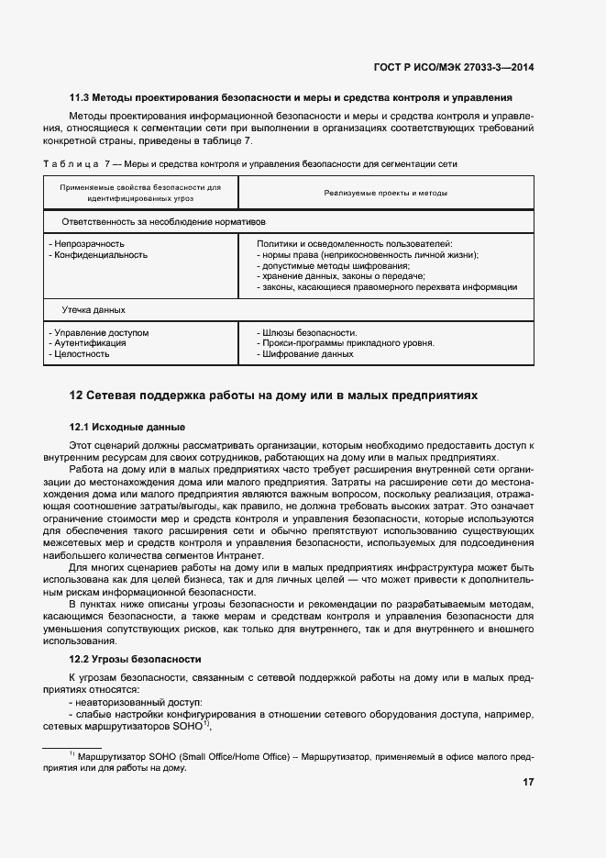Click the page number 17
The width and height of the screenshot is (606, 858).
tap(528, 782)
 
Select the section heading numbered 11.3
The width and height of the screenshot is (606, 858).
tap(291, 97)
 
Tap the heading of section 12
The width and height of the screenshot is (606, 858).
tap(274, 396)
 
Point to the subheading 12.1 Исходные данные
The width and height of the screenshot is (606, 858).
tap(127, 428)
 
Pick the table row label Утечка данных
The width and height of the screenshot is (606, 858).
tap(94, 310)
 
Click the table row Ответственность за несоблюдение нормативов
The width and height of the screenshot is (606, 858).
tap(163, 222)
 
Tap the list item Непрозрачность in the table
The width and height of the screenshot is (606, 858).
tap(89, 244)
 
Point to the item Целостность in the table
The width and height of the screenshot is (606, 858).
tap(83, 354)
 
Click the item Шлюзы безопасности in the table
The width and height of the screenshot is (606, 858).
tap(309, 332)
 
